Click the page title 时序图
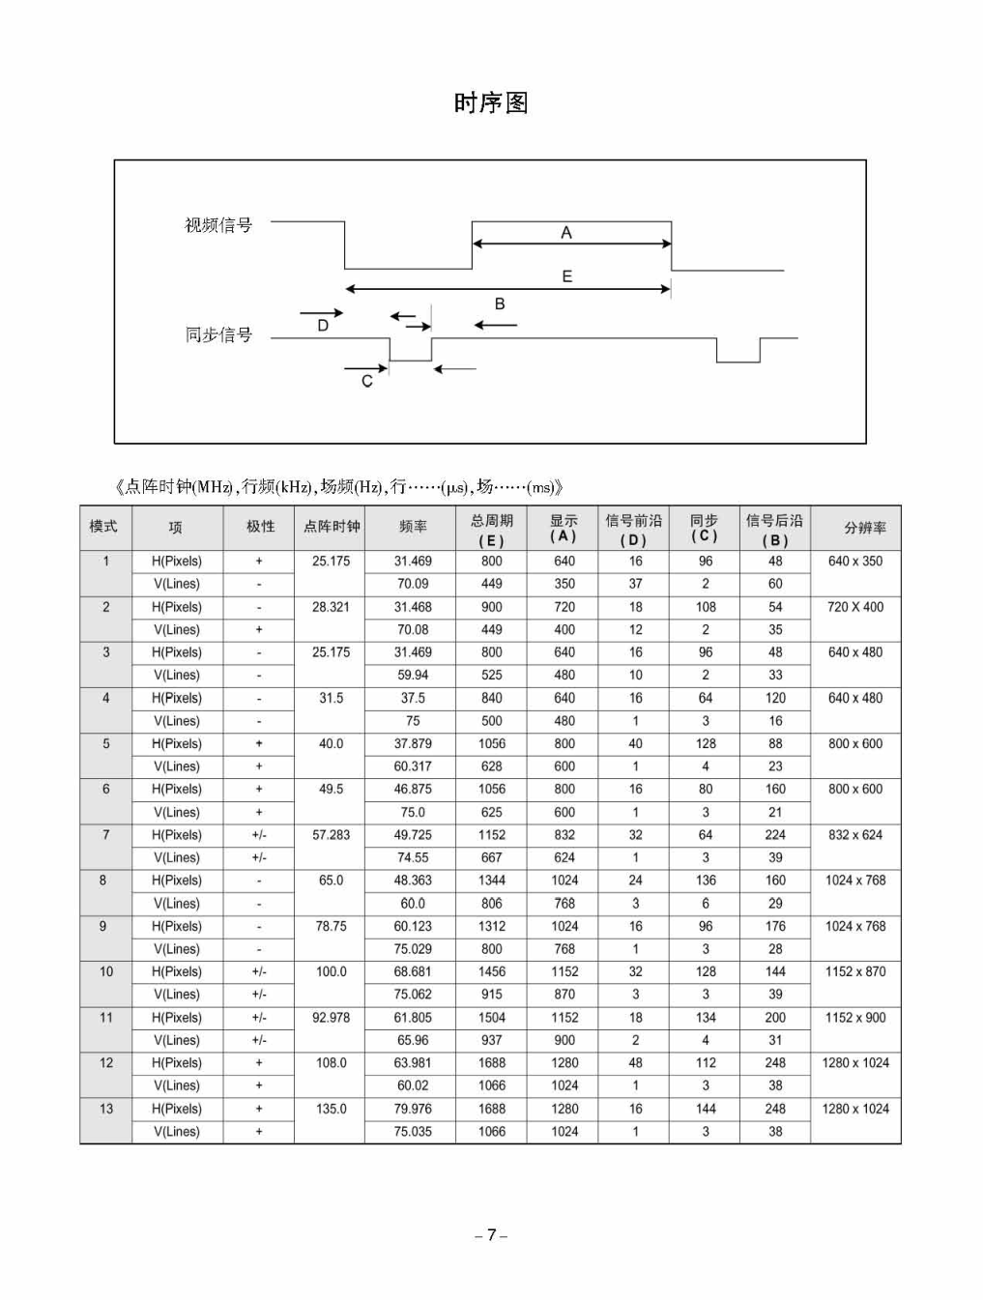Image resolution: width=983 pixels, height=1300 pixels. (491, 103)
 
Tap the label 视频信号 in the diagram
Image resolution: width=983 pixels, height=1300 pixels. (218, 225)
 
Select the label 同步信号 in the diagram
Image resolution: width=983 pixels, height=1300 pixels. (218, 334)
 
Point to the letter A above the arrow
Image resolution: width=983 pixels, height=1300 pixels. (566, 232)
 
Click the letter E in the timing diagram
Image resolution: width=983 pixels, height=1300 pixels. (567, 276)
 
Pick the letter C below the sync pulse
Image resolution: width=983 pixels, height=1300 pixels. (367, 382)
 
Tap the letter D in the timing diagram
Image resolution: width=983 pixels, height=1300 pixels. (323, 327)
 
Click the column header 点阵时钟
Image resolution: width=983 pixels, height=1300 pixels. (332, 527)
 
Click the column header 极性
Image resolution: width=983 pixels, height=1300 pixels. (260, 527)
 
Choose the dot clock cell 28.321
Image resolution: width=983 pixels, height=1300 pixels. (332, 607)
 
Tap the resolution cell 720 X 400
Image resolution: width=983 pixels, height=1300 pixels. (855, 607)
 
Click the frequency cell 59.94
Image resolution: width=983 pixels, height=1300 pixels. (413, 675)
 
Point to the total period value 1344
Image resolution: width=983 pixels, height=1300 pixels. (492, 881)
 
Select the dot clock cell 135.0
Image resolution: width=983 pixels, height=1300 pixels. (332, 1109)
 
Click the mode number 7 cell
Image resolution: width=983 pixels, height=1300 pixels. (106, 834)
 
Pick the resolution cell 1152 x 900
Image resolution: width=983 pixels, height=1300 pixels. (855, 1018)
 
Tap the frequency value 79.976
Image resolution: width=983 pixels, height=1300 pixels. (413, 1109)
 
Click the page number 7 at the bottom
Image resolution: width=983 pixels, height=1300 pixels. (491, 1235)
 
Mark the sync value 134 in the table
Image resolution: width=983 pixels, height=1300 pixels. (706, 1018)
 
